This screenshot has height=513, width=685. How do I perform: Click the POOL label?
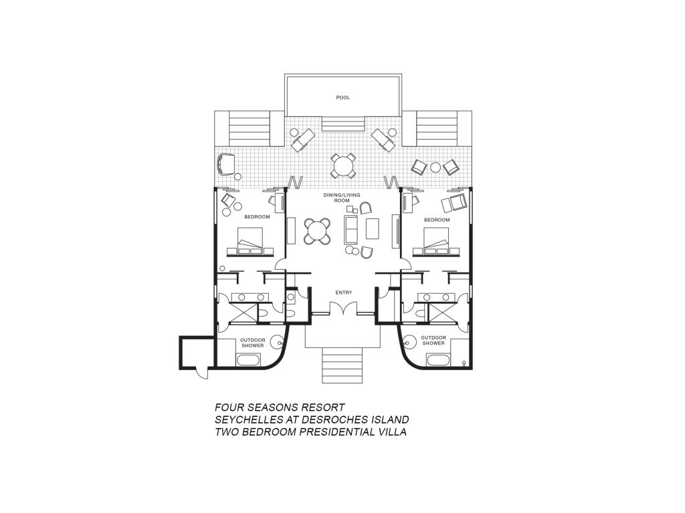coord(343,98)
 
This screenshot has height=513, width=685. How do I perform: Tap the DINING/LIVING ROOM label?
coord(342,198)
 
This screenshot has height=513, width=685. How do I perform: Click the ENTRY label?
coord(343,293)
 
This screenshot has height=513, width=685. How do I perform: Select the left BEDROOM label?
coord(257,217)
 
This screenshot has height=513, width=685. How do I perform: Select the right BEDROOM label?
coord(437,220)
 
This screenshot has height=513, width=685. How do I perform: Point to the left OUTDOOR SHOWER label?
coord(252,343)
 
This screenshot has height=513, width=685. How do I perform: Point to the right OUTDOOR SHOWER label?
coord(433,340)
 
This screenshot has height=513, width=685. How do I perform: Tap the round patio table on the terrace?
coord(343,166)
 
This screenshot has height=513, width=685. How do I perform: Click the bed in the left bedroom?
coord(250,240)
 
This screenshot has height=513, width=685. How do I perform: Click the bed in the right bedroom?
coord(436,240)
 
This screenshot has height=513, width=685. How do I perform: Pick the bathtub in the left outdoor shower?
coord(248,360)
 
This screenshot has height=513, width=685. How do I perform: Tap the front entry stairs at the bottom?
coord(342,365)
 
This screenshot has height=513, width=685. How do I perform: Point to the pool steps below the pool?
coord(343,124)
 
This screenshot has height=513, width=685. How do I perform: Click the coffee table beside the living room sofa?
coord(372,228)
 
